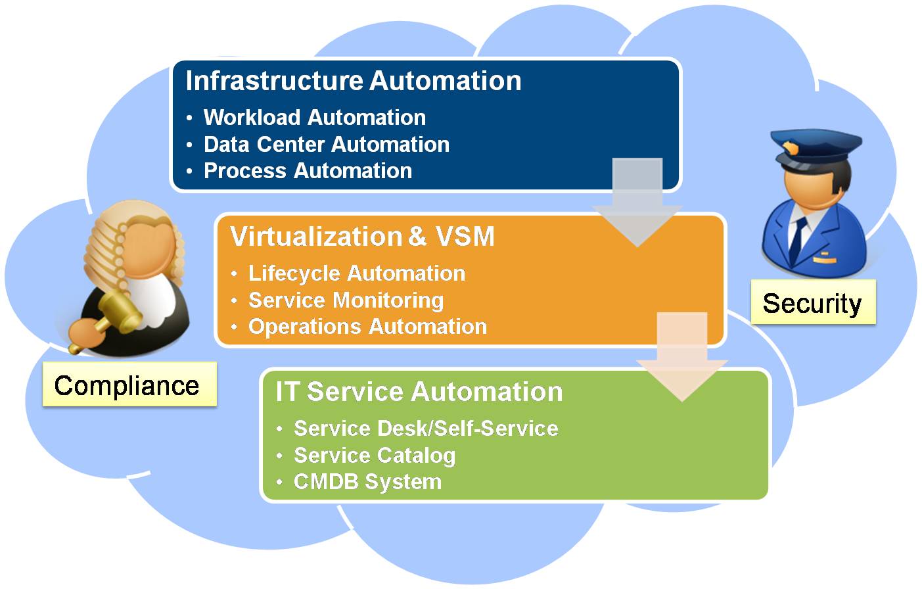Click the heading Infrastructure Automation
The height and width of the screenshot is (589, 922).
tap(353, 81)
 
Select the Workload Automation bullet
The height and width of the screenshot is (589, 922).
tap(314, 118)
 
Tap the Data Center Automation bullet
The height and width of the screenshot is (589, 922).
tap(326, 145)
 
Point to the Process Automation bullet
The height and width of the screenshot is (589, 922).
tap(308, 171)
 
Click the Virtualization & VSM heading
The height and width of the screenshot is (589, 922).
tap(362, 237)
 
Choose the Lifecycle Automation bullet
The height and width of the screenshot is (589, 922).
tap(356, 273)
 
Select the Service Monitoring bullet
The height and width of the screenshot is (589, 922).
tap(346, 300)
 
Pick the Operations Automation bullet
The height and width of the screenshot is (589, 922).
tap(367, 327)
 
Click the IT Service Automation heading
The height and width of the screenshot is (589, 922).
tap(419, 392)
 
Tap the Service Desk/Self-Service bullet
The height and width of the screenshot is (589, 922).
tap(426, 429)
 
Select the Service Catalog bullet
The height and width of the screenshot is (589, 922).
tap(375, 456)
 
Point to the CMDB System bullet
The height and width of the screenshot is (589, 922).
tap(367, 482)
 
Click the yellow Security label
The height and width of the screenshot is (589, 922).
tap(812, 303)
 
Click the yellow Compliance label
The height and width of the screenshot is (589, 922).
tap(127, 385)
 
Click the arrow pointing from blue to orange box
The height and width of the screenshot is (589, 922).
tap(637, 204)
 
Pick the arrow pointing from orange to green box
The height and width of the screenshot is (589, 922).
tap(682, 358)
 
